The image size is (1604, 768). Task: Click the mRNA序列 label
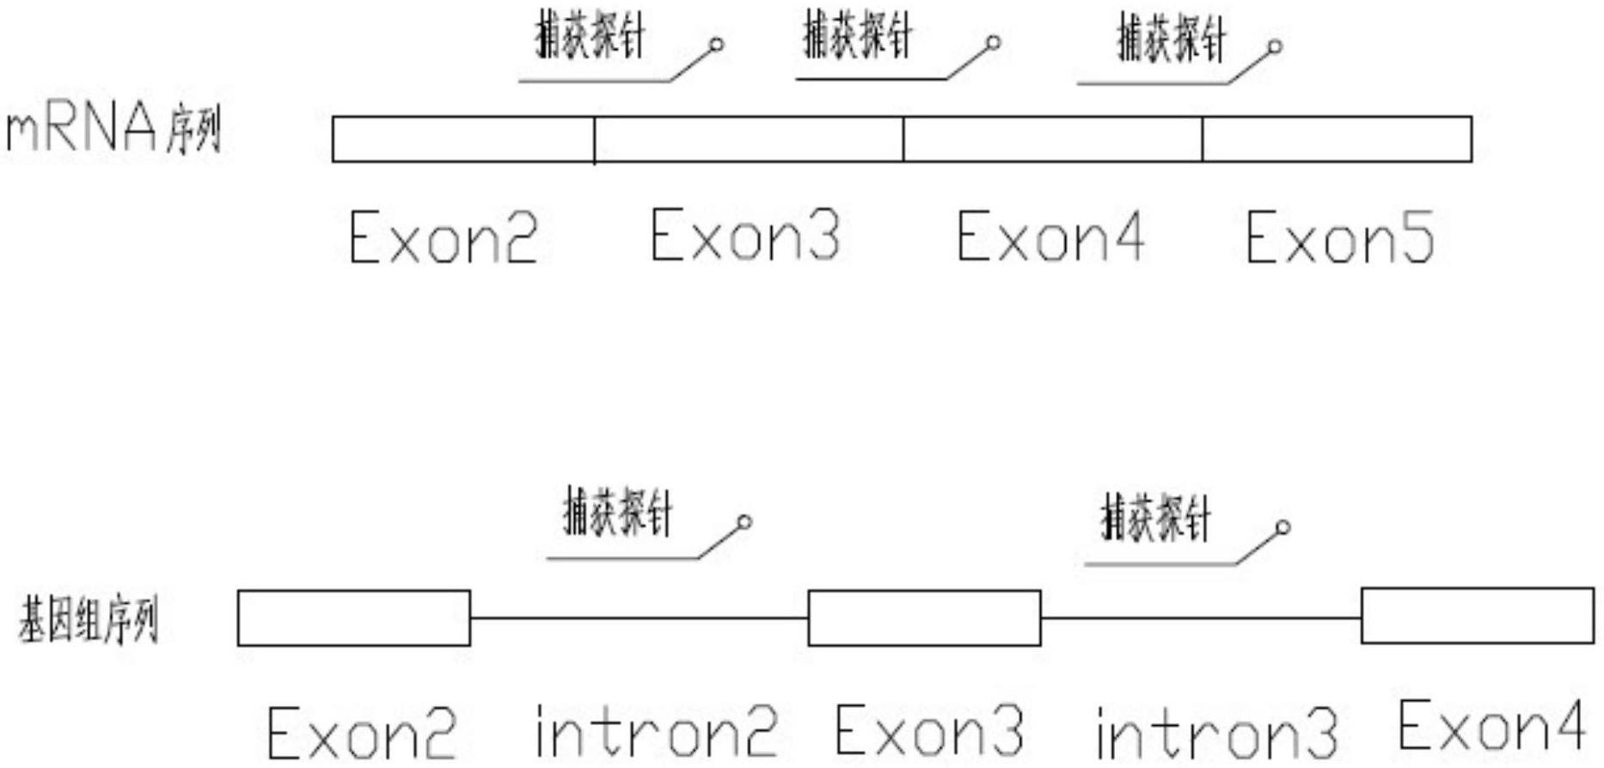114,131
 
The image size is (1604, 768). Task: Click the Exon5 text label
1340,238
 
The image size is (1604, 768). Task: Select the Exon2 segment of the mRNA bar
462,138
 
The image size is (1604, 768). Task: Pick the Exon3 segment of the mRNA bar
748,138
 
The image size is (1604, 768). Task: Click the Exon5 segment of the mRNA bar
1337,138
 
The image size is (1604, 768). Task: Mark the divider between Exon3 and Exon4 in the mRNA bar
903,138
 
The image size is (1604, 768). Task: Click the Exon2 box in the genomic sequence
353,617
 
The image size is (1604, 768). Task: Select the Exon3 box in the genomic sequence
924,617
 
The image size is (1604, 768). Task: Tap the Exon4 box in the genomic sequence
1477,615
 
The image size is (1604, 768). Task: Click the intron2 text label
656,731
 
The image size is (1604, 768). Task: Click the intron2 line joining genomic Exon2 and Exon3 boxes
639,617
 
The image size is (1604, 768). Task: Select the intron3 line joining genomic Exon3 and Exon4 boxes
1201,617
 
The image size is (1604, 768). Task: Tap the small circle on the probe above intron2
745,522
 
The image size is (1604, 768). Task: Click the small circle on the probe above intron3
1283,527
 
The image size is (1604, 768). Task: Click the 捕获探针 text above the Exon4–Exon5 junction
1171,39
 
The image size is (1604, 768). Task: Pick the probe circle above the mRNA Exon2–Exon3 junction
716,45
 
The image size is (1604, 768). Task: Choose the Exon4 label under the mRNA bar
1050,237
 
